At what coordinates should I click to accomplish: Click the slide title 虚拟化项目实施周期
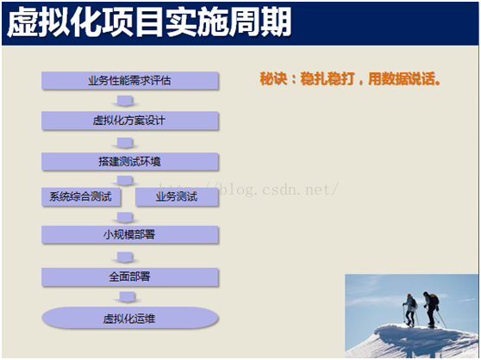click(x=149, y=22)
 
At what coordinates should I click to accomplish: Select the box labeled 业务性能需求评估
click(x=130, y=81)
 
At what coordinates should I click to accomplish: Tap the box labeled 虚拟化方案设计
click(x=130, y=121)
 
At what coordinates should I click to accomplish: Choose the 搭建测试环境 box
click(x=130, y=161)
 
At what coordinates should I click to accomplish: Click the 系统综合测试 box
click(x=81, y=196)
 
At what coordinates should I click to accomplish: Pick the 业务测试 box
click(x=177, y=196)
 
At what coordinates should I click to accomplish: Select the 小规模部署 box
click(x=130, y=235)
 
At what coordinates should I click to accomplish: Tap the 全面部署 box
click(x=130, y=277)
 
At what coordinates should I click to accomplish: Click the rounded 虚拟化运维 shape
click(x=130, y=319)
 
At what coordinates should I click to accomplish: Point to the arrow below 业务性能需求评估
click(x=125, y=101)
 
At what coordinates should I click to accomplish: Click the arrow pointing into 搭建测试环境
click(x=125, y=143)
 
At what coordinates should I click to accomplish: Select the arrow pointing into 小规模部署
click(x=125, y=218)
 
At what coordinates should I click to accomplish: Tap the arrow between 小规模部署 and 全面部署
click(x=125, y=258)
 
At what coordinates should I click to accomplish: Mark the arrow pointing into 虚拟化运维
click(x=127, y=297)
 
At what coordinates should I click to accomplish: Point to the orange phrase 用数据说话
click(x=404, y=78)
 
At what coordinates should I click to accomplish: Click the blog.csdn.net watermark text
click(x=249, y=189)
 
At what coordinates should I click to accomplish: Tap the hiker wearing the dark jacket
click(x=431, y=309)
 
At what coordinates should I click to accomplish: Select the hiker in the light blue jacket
click(x=409, y=310)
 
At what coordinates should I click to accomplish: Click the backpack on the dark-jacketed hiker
click(x=434, y=299)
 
